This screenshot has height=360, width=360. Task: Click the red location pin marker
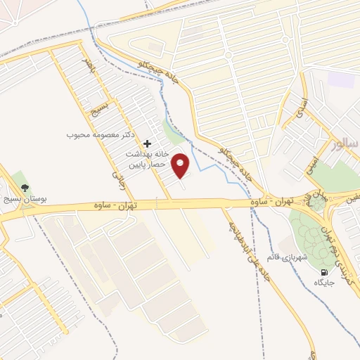coord(181,165)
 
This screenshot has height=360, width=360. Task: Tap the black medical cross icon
coord(147,142)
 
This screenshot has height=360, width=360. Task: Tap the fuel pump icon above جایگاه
coord(324,272)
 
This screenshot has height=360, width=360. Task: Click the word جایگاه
coord(323,283)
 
